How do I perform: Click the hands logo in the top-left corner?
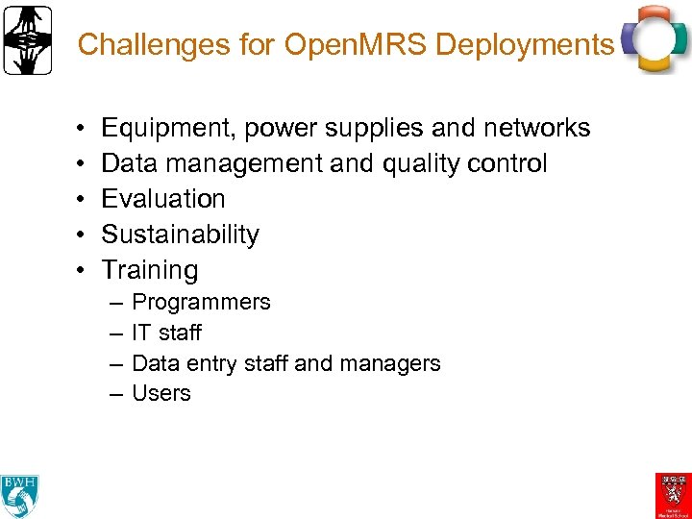[x=27, y=40]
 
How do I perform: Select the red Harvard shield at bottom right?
[x=673, y=493]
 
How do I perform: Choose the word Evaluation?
[x=163, y=199]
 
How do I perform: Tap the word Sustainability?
[x=180, y=235]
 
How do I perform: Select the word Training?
[x=149, y=270]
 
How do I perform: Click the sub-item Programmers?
[x=201, y=303]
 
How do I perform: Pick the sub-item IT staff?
[x=166, y=333]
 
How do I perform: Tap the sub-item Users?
[x=161, y=393]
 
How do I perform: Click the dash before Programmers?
[x=115, y=303]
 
